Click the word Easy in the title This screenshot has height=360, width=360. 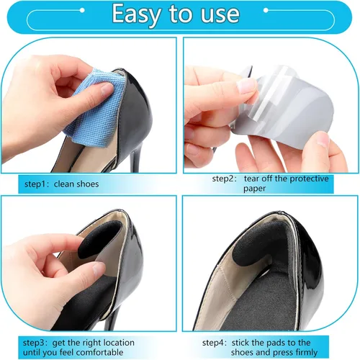click(136, 14)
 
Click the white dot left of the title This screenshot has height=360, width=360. click(82, 10)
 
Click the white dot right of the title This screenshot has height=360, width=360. click(266, 10)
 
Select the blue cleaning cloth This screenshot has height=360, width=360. click(96, 109)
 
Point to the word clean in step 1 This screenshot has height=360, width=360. click(64, 184)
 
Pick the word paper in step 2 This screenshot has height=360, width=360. click(255, 189)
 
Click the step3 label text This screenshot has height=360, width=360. click(35, 343)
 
